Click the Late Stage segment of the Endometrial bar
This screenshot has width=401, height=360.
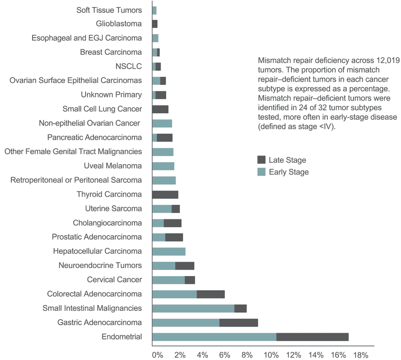312,337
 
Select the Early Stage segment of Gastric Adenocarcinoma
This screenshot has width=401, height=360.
186,323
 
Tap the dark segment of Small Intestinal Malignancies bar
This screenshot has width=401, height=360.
240,309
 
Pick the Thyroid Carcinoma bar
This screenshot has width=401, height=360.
165,194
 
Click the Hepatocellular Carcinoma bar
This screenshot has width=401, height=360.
169,251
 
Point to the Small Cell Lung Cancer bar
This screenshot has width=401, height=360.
160,109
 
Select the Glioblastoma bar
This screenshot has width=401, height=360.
154,24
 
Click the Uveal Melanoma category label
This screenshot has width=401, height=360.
112,166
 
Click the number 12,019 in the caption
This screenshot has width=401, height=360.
387,61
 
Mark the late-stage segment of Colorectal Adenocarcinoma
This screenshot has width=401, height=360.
211,294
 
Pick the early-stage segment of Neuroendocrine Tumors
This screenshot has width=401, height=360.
163,266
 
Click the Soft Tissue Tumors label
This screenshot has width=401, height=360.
109,10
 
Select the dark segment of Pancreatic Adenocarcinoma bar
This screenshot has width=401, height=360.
164,137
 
